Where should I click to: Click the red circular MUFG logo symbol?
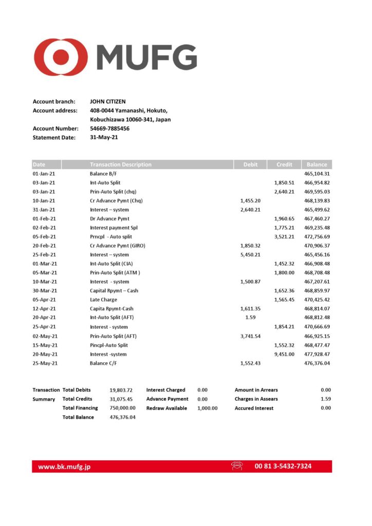pos(61,57)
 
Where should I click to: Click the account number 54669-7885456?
pos(109,128)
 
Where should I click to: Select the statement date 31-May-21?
pos(104,137)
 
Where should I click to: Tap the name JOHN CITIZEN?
pos(107,102)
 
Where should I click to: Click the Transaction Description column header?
pos(120,164)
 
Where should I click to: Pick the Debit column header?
pos(250,164)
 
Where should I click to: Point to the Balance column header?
pos(317,164)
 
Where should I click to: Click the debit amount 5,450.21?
pos(250,255)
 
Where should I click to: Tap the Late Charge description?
pos(103,299)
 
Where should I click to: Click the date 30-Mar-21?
pos(44,291)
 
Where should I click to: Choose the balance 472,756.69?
pos(317,237)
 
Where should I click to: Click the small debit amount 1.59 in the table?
pos(250,317)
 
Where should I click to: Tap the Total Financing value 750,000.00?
pos(122,408)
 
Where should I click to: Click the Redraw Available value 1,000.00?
pos(207,408)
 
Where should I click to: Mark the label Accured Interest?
pos(254,408)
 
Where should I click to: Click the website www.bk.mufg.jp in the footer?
pos(64,467)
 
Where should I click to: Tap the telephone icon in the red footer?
pos(237,466)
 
